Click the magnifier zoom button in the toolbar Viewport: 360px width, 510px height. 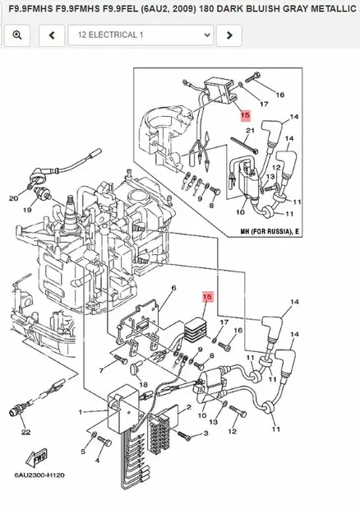pyautogui.click(x=17, y=35)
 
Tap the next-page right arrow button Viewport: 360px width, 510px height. pyautogui.click(x=229, y=35)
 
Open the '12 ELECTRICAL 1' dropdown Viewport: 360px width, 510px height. pyautogui.click(x=141, y=35)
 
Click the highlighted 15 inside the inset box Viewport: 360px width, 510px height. pyautogui.click(x=245, y=115)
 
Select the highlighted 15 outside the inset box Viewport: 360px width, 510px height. pyautogui.click(x=207, y=297)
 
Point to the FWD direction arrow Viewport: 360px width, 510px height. pyautogui.click(x=36, y=457)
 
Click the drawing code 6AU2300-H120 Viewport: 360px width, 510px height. pyautogui.click(x=39, y=475)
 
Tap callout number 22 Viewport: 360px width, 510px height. pyautogui.click(x=26, y=432)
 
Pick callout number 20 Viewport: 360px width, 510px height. pyautogui.click(x=13, y=197)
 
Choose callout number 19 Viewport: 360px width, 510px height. pyautogui.click(x=27, y=210)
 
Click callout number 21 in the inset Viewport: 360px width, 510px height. pyautogui.click(x=250, y=131)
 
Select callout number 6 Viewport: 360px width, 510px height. pyautogui.click(x=173, y=288)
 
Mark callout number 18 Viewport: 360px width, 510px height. pyautogui.click(x=143, y=385)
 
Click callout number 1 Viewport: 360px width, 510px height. pyautogui.click(x=81, y=412)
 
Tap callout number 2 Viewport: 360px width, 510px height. pyautogui.click(x=189, y=407)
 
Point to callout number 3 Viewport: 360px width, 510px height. pyautogui.click(x=205, y=433)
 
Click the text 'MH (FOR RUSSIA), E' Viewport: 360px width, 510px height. pyautogui.click(x=270, y=232)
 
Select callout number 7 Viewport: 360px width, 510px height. pyautogui.click(x=101, y=370)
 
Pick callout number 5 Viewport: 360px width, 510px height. pyautogui.click(x=83, y=452)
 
